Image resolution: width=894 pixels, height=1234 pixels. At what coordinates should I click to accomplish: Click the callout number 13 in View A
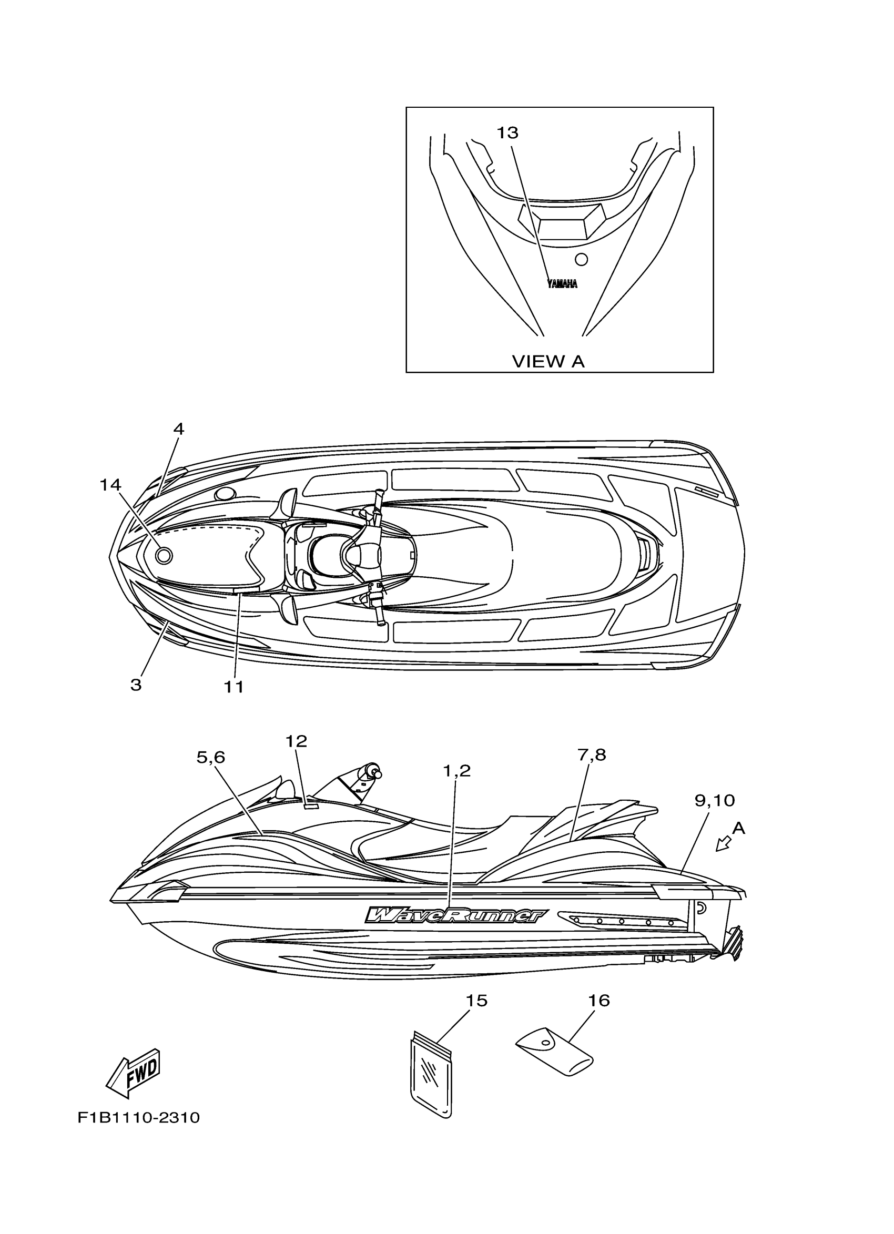tap(507, 132)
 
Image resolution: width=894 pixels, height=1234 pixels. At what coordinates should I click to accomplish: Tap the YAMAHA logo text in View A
tap(562, 283)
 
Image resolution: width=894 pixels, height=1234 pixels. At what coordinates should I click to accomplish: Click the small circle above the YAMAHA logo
tap(581, 259)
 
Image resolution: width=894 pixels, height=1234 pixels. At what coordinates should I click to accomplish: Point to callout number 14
tap(110, 485)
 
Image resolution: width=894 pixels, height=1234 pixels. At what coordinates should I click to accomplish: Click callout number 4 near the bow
tap(178, 429)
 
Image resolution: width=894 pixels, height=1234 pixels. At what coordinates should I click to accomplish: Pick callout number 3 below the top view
tap(136, 685)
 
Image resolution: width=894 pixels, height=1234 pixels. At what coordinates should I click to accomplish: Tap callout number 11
tap(234, 687)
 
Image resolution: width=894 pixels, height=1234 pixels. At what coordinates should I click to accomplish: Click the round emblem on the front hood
tap(164, 556)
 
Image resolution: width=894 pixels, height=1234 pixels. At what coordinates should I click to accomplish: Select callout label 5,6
tap(210, 757)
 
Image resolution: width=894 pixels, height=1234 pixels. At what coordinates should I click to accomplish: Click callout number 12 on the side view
tap(297, 740)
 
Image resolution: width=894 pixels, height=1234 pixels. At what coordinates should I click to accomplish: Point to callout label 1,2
tap(456, 770)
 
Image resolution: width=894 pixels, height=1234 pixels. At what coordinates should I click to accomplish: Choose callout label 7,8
tap(592, 754)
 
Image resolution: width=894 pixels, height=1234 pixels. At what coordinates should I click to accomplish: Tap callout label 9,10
tap(715, 800)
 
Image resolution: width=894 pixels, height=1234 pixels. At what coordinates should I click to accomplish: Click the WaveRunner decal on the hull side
tap(456, 915)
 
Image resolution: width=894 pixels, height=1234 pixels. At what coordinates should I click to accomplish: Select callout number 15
tap(476, 1001)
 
